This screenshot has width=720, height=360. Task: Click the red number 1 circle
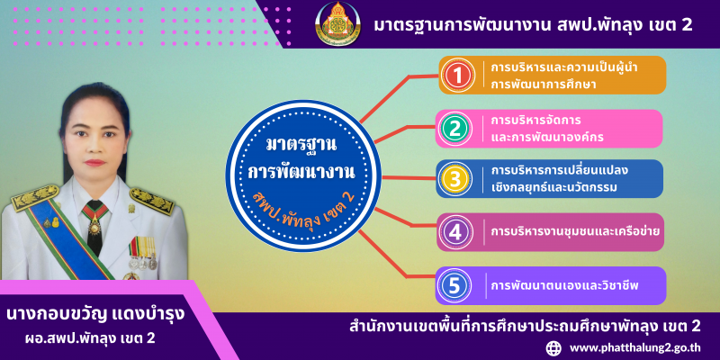click(x=457, y=75)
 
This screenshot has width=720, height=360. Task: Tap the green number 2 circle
click(x=454, y=129)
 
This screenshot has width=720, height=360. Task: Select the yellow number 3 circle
click(x=454, y=179)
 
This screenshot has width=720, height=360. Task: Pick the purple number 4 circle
click(x=455, y=232)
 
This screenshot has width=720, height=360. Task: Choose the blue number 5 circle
click(x=454, y=285)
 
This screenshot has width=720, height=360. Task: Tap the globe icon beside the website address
click(x=554, y=347)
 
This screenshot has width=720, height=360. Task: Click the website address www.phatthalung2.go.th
click(x=634, y=347)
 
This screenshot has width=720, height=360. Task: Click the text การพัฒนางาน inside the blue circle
click(x=301, y=173)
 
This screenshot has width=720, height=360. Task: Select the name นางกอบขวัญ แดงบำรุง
click(x=95, y=315)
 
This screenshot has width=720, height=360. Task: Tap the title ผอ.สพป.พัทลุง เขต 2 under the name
click(x=90, y=339)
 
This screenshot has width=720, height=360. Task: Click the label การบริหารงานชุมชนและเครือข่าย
click(x=575, y=232)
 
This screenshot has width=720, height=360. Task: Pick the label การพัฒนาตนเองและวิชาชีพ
click(x=565, y=285)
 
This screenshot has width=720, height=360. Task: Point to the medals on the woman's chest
click(x=143, y=253)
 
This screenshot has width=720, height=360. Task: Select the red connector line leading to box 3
click(x=409, y=177)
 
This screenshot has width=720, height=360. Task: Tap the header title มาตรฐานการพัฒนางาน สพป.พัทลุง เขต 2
click(x=533, y=25)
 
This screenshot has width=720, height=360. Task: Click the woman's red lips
click(x=95, y=163)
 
